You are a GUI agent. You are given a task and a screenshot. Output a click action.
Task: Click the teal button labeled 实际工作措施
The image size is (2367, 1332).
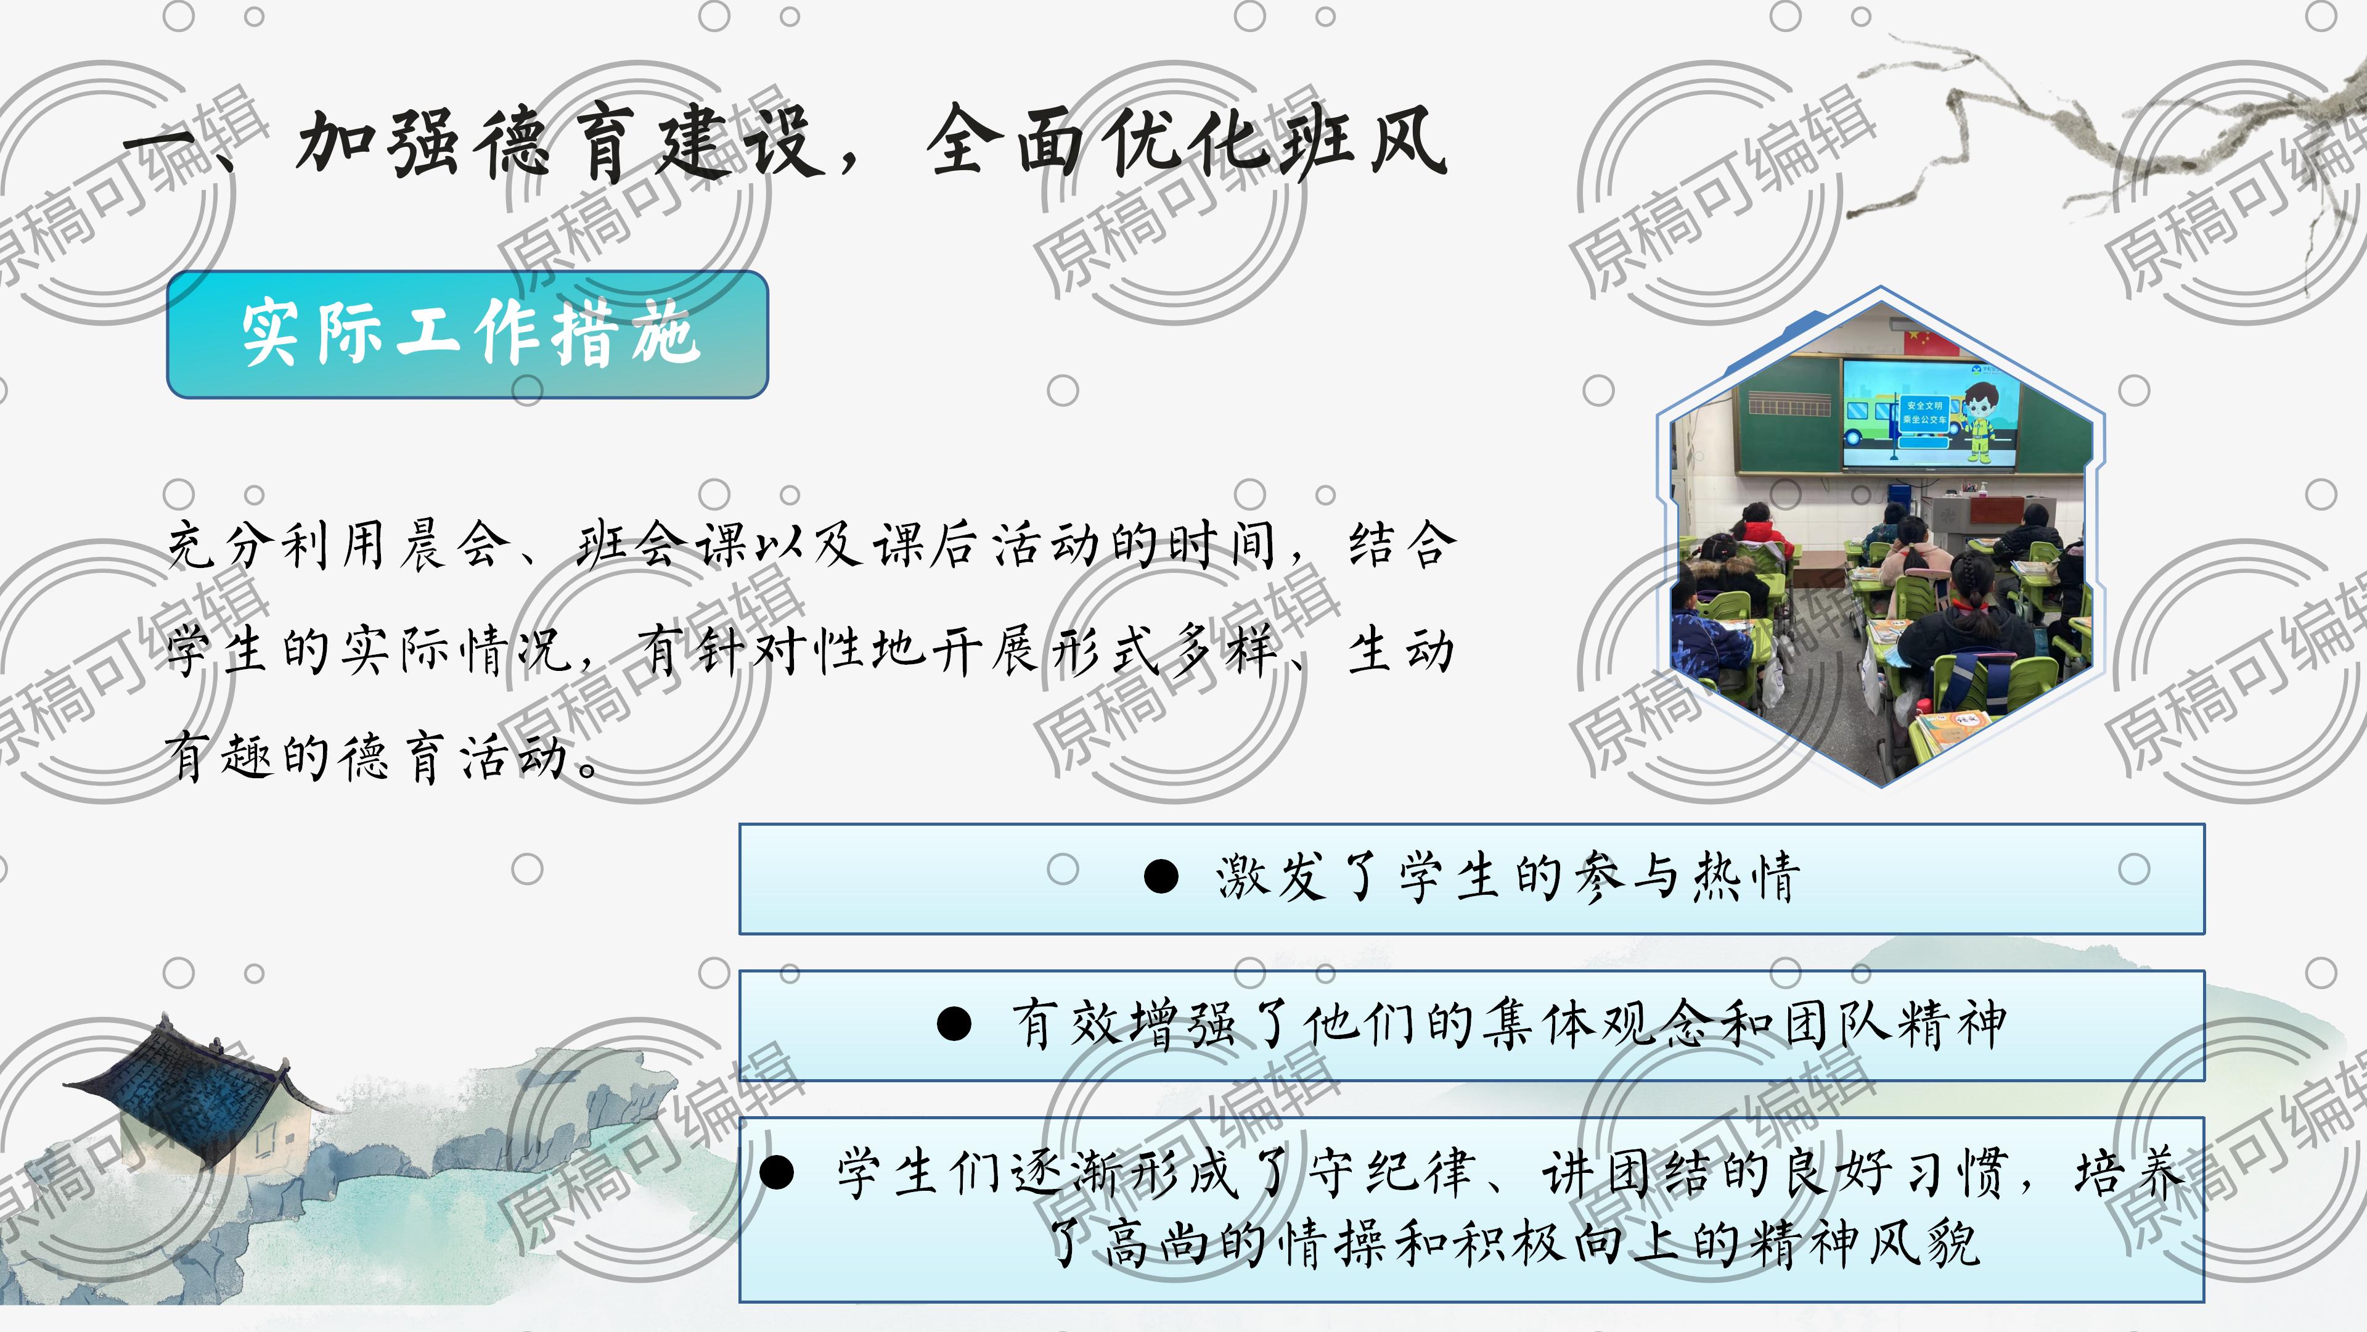467,335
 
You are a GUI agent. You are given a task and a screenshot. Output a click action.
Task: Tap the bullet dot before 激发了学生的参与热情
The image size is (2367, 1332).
1161,876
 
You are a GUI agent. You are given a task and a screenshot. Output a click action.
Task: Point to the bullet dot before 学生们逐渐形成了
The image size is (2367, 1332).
777,1172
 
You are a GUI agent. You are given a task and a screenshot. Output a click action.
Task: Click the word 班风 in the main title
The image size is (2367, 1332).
1365,142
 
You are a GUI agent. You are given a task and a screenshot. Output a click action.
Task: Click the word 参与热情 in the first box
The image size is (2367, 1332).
1687,876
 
